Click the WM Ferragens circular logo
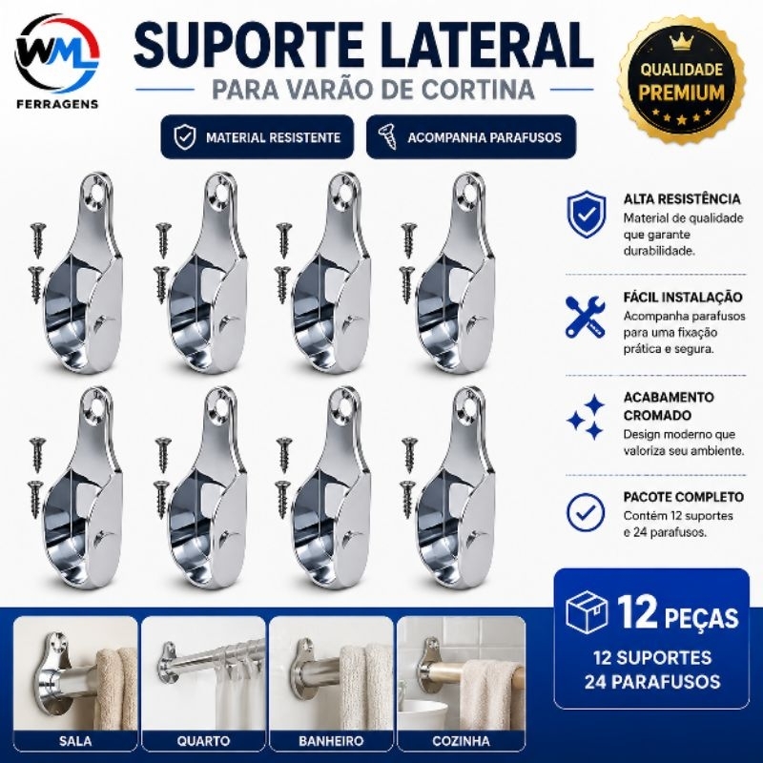(x=57, y=53)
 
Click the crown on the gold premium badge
(x=680, y=42)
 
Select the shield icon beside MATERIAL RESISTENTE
(x=184, y=136)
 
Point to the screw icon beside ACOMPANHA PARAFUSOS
(x=388, y=136)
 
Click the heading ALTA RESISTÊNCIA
(x=682, y=198)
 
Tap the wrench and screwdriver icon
(x=586, y=317)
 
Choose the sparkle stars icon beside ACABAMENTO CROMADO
(x=586, y=417)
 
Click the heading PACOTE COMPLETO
(x=684, y=497)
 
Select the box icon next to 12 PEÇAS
(x=587, y=611)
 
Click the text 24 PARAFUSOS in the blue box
(x=652, y=681)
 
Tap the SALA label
(x=75, y=741)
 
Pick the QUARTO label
(x=203, y=741)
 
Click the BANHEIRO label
(x=331, y=741)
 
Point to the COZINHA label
(x=461, y=741)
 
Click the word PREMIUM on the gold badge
(x=681, y=93)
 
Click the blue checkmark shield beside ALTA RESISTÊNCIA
(x=587, y=214)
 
